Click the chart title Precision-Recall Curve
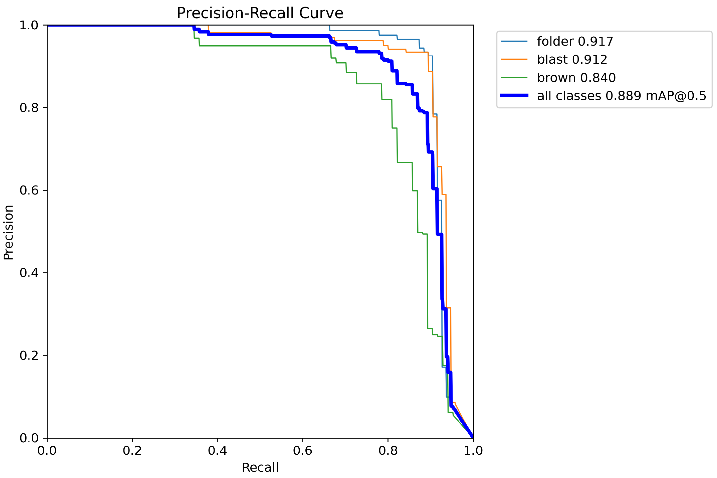(x=260, y=13)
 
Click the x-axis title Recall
(x=260, y=467)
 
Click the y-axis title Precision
(x=8, y=232)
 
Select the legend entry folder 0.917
(x=575, y=41)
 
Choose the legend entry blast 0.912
(x=572, y=59)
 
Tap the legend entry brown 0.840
(x=576, y=78)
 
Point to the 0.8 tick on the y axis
(x=29, y=108)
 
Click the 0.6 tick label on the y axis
(x=29, y=190)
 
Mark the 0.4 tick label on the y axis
(x=29, y=273)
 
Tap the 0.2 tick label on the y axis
(x=29, y=355)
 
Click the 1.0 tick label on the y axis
(x=29, y=25)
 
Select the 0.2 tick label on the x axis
(x=132, y=450)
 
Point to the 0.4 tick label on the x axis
(x=217, y=450)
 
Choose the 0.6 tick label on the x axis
(x=302, y=450)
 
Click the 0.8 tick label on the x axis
(x=388, y=450)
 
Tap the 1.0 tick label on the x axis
(x=473, y=450)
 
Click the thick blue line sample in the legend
(x=514, y=96)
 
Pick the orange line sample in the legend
(x=514, y=59)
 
